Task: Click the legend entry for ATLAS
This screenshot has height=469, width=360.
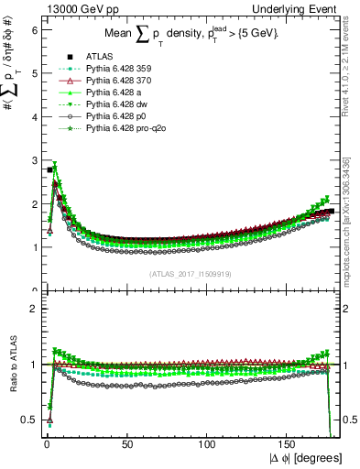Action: coord(97,58)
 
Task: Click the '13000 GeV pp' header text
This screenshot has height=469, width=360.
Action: coord(73,8)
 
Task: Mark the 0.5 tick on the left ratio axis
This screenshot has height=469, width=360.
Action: coord(28,420)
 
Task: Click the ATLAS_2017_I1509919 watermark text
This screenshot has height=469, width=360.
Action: coord(192,274)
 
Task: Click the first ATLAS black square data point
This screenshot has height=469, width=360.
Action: coord(49,170)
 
